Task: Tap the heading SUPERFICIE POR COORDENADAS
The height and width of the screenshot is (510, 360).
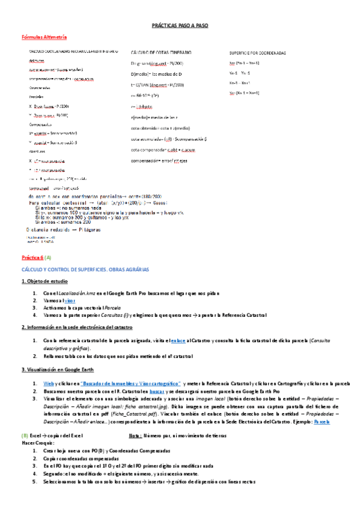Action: click(257, 53)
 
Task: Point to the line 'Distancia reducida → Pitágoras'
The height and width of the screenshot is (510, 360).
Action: click(63, 230)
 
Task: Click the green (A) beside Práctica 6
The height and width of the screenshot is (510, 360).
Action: click(49, 257)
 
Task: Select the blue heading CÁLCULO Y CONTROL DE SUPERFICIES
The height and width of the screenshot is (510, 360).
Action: click(85, 269)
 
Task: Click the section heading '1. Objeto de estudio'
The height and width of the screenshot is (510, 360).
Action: click(44, 281)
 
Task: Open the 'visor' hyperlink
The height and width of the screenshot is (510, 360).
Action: click(69, 300)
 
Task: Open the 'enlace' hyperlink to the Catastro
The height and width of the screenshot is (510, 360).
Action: click(178, 341)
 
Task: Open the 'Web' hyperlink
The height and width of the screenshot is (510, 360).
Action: click(47, 383)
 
